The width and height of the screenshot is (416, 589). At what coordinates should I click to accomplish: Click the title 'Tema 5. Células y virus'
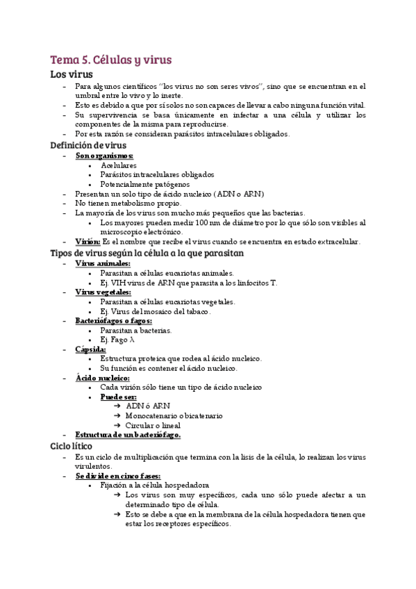(110, 60)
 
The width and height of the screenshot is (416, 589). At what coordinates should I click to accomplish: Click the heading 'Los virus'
(72, 74)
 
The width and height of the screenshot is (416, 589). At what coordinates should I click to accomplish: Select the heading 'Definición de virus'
(89, 145)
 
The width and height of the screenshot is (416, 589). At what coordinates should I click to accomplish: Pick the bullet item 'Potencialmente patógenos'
(144, 184)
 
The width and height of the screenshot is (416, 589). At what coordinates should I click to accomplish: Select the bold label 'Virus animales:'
(102, 263)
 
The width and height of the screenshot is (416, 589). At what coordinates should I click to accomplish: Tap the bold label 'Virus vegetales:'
(103, 292)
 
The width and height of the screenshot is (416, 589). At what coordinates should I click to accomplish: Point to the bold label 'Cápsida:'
(91, 349)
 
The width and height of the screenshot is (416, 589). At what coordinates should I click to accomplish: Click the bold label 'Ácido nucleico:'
(102, 378)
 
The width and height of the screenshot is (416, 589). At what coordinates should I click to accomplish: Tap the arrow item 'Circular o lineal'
(153, 425)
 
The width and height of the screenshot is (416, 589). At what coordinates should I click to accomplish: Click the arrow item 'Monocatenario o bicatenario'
(174, 415)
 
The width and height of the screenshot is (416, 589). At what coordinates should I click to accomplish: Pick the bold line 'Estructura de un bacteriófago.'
(128, 435)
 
